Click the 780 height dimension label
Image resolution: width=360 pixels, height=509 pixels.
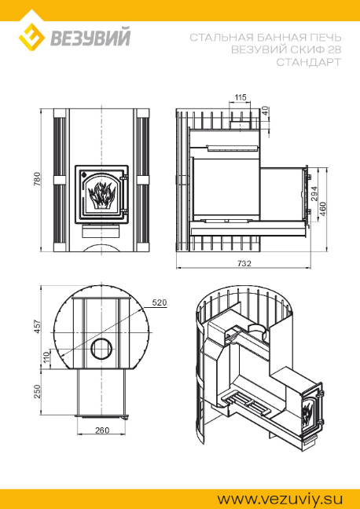38,179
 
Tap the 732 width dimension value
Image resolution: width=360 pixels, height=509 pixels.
244,263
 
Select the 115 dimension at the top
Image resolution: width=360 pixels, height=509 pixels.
240,97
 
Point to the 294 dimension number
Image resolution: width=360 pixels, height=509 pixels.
314,195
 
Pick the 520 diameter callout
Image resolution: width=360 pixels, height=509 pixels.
160,303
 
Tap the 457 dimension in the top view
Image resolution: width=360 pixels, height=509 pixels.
38,327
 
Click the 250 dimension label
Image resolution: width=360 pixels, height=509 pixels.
38,391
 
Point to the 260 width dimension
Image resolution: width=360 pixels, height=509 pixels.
102,430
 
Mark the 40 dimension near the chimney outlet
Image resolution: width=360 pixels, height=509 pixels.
266,111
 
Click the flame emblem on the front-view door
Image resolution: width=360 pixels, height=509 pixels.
102,195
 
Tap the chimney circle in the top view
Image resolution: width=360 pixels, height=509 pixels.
101,349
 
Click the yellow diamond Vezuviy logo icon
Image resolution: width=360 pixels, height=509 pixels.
31,36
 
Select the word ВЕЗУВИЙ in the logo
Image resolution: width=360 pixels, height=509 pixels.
91,38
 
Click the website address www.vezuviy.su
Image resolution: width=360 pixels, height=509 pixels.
280,499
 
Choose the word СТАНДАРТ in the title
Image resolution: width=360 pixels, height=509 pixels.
309,62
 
